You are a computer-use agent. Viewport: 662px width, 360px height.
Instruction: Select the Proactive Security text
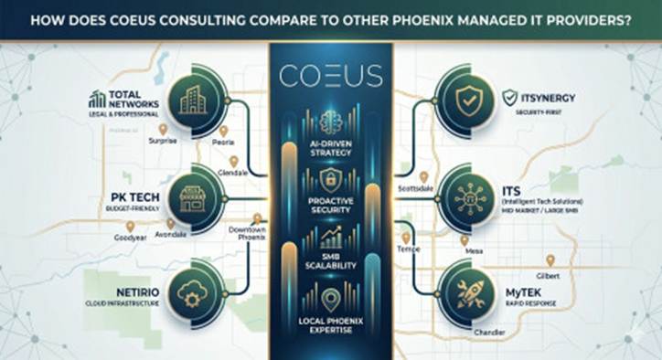click(330, 203)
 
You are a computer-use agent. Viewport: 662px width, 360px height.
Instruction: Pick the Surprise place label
click(165, 142)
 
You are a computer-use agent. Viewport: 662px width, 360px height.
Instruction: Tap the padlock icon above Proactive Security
click(330, 178)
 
